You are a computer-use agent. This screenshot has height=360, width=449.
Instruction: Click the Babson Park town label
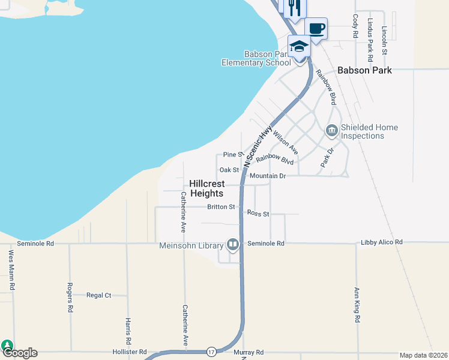click(364, 70)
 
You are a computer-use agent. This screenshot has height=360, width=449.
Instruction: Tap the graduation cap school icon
click(299, 46)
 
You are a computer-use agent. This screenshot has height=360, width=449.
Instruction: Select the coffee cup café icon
click(316, 28)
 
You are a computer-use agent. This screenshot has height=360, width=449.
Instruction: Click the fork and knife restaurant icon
click(294, 7)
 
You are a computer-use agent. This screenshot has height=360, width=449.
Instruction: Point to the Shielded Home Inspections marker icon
click(331, 130)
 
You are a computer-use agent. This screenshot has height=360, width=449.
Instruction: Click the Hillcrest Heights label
click(207, 188)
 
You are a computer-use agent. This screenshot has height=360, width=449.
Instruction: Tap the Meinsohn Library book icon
click(232, 244)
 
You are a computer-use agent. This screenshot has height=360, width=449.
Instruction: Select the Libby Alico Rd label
click(382, 242)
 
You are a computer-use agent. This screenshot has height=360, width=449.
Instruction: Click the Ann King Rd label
click(357, 305)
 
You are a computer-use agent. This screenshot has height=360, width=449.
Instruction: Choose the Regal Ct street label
click(99, 295)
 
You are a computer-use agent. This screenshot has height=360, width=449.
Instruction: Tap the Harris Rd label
click(128, 331)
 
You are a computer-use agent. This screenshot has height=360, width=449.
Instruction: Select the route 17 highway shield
click(211, 351)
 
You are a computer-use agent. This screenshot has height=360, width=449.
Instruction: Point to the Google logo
click(19, 353)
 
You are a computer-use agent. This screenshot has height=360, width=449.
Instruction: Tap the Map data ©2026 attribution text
click(423, 355)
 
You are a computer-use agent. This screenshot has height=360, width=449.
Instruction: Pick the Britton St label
click(221, 207)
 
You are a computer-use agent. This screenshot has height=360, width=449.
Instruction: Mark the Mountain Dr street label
click(268, 176)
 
